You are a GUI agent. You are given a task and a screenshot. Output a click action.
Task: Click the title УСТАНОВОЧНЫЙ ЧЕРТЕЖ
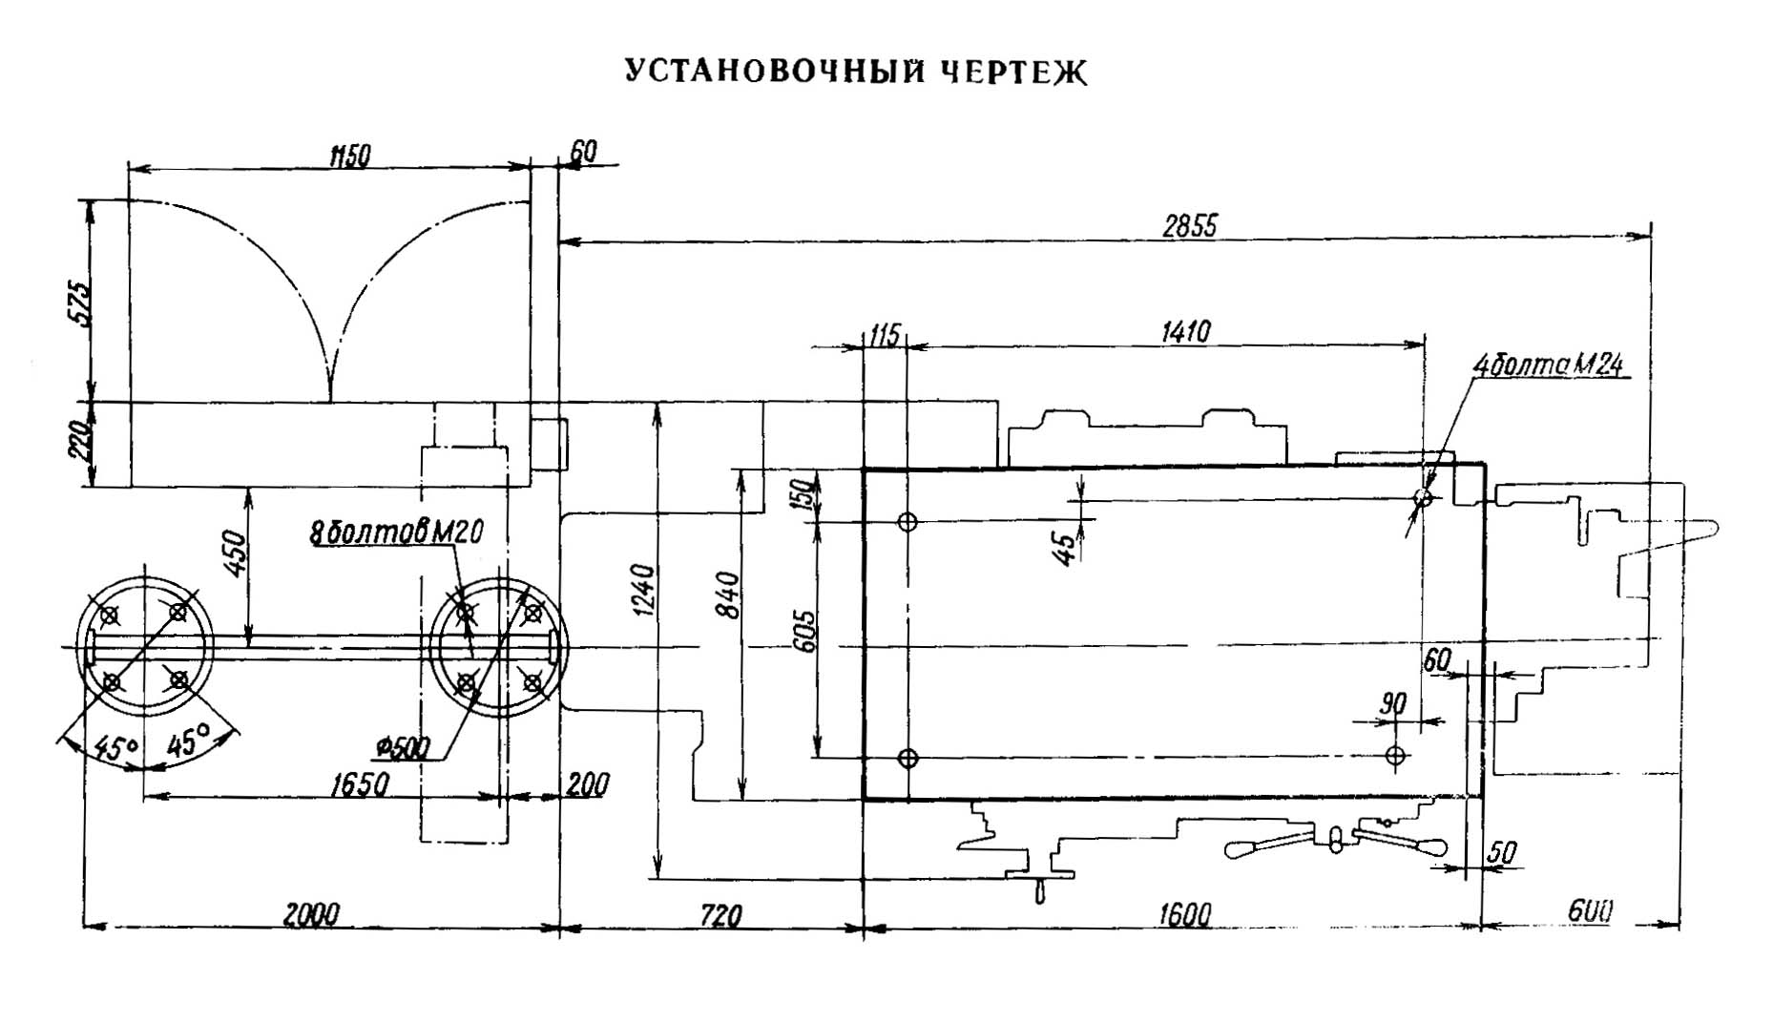[x=856, y=73]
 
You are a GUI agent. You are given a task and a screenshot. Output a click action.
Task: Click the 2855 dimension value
[x=1190, y=226]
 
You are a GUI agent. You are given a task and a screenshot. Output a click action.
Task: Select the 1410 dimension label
[x=1185, y=331]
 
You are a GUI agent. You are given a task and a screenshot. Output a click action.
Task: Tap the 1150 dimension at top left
[x=349, y=156]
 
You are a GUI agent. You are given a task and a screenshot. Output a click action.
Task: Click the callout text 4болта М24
[x=1548, y=365]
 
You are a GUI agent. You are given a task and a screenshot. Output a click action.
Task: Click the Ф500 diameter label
[x=403, y=747]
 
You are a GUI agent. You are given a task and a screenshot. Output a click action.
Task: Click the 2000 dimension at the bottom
[x=311, y=914]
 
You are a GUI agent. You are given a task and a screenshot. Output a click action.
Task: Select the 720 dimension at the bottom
[x=720, y=916]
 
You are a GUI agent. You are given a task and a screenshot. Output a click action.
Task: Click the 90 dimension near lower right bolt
[x=1394, y=704]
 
